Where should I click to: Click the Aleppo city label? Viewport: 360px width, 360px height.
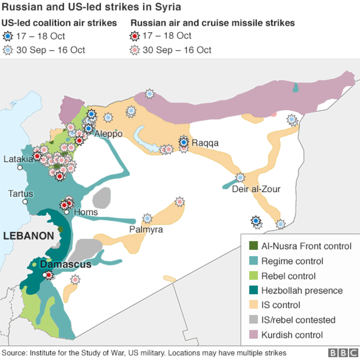[x=109, y=134]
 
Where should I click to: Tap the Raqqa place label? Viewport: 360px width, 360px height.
[x=205, y=143]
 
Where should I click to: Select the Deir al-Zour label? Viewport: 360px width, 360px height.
[x=256, y=189]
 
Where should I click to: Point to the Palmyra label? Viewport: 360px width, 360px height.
[x=146, y=230]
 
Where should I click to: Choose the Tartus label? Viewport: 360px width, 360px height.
[x=20, y=194]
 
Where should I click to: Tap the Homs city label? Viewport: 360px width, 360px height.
[x=86, y=212]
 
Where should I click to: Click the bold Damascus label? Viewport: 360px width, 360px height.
[x=65, y=265]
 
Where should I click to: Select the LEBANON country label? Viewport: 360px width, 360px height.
[x=28, y=236]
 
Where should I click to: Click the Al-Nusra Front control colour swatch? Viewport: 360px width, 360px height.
[x=253, y=247]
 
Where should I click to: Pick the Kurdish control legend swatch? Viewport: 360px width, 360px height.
[x=253, y=335]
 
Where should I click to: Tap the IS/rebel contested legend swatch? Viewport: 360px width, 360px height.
[x=253, y=320]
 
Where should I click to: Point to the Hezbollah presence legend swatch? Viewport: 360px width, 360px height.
[x=253, y=291]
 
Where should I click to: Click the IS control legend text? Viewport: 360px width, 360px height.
[x=281, y=305]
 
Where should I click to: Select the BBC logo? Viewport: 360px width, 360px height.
[x=341, y=353]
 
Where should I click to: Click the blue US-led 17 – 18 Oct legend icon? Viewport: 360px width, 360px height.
[x=7, y=37]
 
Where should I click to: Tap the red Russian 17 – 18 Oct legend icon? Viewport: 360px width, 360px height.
[x=135, y=37]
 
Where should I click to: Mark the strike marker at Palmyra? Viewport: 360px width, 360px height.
[x=147, y=218]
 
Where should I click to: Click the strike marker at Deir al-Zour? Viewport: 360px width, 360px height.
[x=241, y=177]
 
